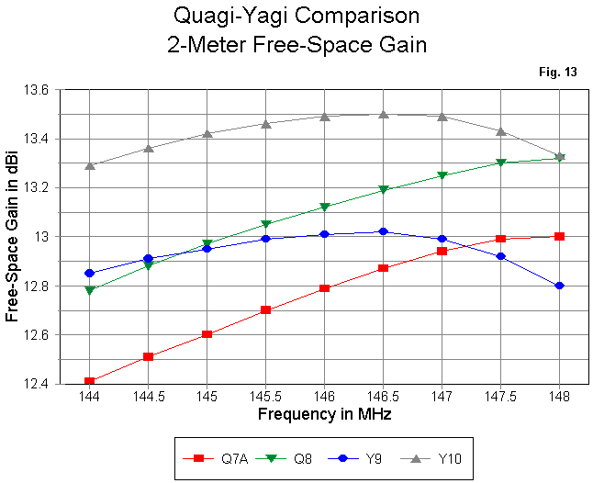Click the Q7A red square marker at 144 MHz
(89, 381)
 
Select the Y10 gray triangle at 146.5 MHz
(383, 114)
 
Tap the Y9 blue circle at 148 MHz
(559, 286)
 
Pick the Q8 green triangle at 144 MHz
(89, 290)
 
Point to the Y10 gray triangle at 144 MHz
(89, 165)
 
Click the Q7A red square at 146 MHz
(324, 288)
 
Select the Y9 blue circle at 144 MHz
(89, 273)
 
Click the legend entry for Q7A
(218, 457)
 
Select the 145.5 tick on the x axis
(265, 397)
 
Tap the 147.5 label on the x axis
(500, 397)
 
